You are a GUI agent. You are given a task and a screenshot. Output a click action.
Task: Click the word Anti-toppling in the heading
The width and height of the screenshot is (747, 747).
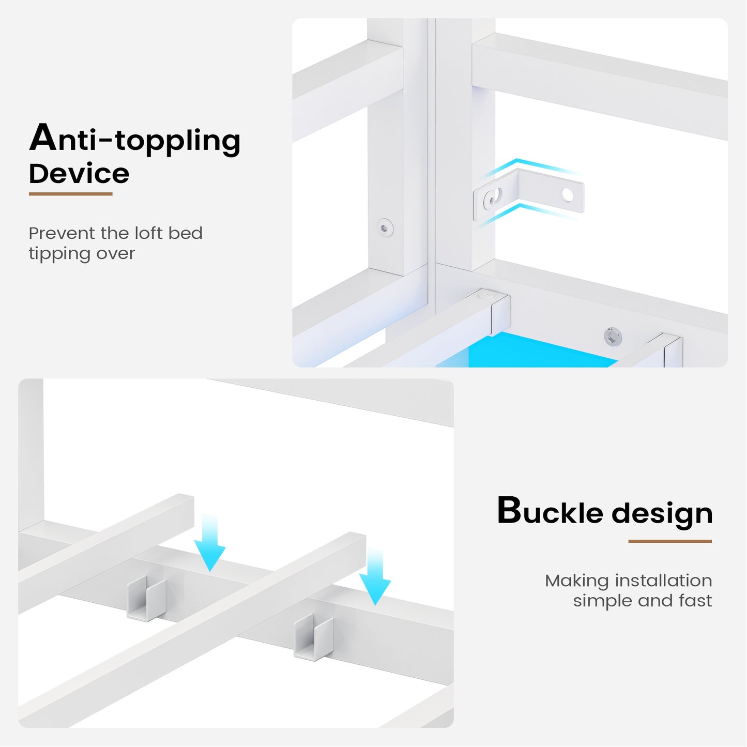[x=135, y=139]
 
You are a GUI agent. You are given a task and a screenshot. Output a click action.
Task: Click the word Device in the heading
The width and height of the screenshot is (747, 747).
[x=79, y=174]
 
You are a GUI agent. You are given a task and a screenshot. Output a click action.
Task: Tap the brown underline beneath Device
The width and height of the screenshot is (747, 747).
[x=70, y=194]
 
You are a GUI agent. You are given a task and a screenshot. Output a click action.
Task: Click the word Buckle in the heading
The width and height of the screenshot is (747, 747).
[x=550, y=511]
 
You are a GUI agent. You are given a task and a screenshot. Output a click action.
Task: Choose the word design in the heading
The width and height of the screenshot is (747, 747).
[x=662, y=514]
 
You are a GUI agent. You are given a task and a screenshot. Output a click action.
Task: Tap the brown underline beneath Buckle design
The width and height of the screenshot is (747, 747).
[x=670, y=541]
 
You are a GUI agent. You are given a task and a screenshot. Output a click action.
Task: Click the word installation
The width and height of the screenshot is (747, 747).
[x=664, y=581]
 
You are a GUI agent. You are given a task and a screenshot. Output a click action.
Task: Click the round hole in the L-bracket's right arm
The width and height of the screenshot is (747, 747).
[x=567, y=194]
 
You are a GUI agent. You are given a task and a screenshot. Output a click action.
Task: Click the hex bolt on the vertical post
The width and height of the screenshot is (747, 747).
[x=385, y=227]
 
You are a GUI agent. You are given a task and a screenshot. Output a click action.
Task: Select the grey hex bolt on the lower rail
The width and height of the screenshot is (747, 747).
[x=613, y=336]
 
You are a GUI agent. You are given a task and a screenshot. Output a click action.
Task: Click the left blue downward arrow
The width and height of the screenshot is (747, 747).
[x=210, y=543]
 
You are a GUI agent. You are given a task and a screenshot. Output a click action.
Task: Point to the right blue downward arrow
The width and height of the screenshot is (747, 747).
[x=375, y=576]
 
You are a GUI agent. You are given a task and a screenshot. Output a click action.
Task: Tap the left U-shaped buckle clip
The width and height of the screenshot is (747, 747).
[x=146, y=599]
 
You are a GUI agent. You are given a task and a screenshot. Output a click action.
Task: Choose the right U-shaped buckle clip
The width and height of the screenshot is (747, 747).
[x=313, y=637]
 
